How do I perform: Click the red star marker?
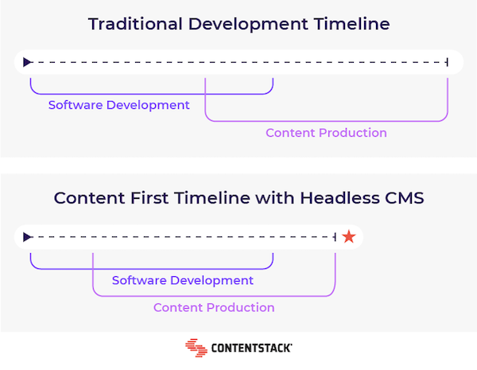(x=349, y=236)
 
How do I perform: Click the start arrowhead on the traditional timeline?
(x=27, y=62)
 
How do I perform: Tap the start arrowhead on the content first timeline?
(x=27, y=237)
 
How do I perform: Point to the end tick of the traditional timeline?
(x=447, y=62)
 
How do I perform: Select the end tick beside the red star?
(x=335, y=237)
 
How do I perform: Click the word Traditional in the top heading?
(x=135, y=24)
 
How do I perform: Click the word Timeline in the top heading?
(x=351, y=24)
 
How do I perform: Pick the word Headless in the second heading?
(x=339, y=198)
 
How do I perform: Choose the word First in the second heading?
(x=149, y=198)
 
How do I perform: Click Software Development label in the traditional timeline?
(x=119, y=105)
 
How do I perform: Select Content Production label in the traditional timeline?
(x=326, y=133)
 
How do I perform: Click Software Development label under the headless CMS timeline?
(x=183, y=280)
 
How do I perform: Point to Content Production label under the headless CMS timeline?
(x=214, y=308)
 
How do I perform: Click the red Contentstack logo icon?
(x=196, y=348)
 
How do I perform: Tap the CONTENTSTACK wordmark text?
(x=251, y=348)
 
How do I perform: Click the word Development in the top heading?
(x=248, y=24)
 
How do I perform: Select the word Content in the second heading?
(x=89, y=198)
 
